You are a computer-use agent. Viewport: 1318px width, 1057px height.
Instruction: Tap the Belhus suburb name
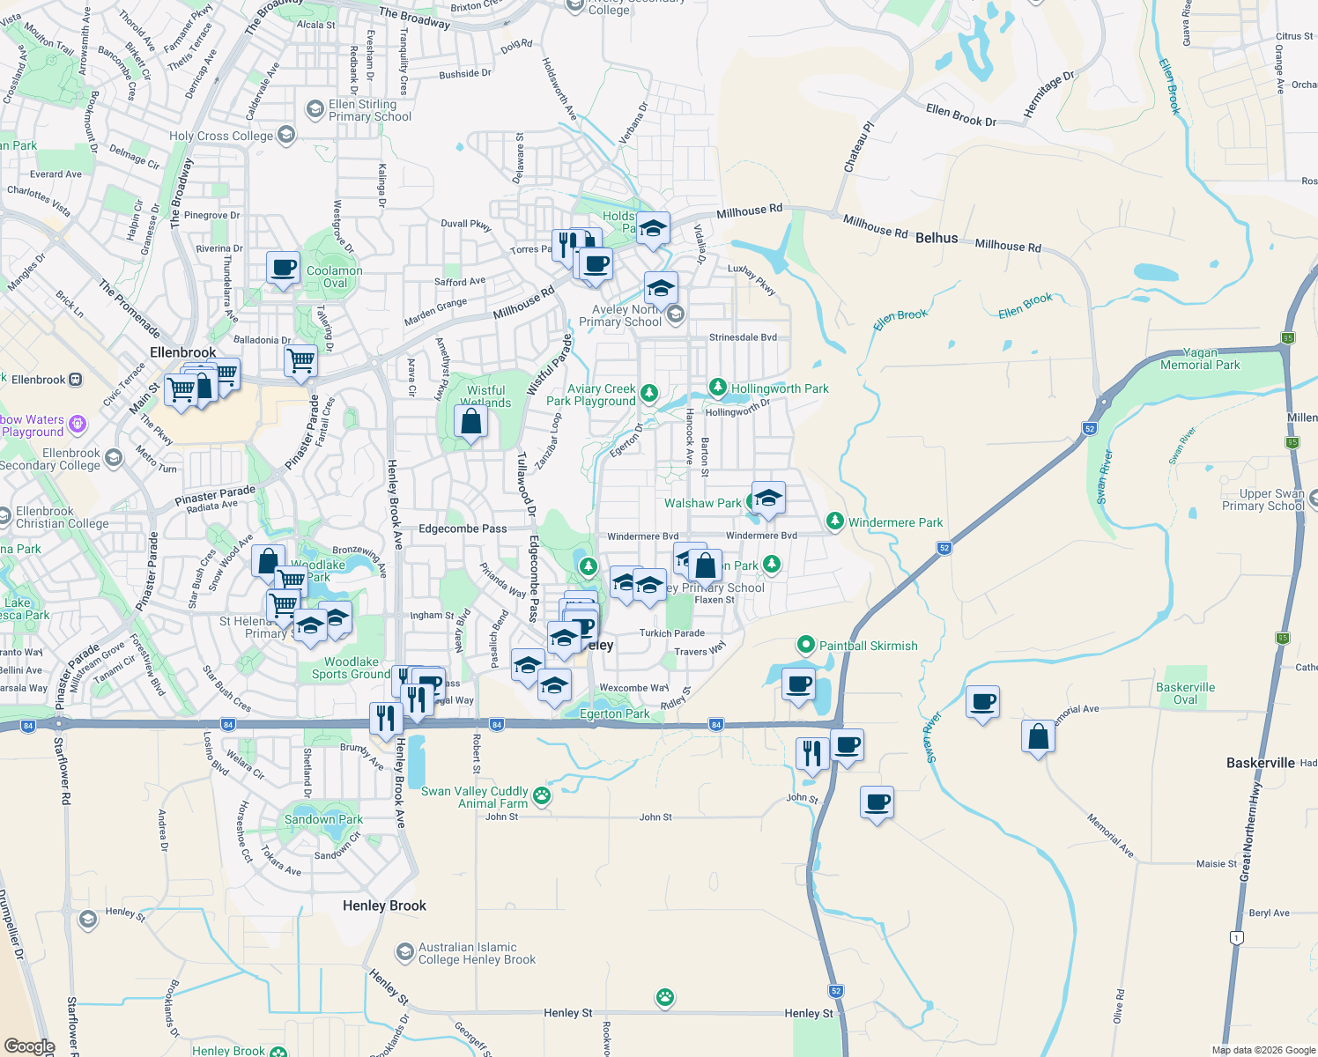[x=936, y=238]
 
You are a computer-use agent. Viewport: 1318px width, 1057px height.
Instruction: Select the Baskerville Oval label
[x=1185, y=693]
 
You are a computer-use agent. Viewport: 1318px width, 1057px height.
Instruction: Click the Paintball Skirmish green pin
[x=805, y=645]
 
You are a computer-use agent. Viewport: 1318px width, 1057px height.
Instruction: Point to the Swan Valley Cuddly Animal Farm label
[x=475, y=797]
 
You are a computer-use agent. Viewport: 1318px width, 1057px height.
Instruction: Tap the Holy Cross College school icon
[x=285, y=135]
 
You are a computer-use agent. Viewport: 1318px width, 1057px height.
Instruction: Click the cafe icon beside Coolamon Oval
[x=284, y=268]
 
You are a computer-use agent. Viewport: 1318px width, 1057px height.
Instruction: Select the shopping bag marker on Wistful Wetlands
[x=471, y=422]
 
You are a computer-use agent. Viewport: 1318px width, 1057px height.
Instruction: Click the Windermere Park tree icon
[x=834, y=521]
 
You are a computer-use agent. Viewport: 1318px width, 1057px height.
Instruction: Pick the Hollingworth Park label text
[x=780, y=388]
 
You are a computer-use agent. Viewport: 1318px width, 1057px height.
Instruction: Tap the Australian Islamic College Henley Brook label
[x=477, y=953]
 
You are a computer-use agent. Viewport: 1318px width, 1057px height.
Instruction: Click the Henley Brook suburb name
[x=384, y=905]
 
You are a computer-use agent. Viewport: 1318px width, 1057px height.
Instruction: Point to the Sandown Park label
[x=323, y=819]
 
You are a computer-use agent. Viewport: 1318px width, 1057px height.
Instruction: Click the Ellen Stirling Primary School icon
[x=315, y=109]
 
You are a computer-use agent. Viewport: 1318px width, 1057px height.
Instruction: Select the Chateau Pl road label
[x=858, y=147]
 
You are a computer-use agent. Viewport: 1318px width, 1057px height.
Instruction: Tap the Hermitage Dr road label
[x=1049, y=94]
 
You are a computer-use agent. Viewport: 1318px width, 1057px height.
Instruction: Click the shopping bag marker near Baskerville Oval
[x=1038, y=736]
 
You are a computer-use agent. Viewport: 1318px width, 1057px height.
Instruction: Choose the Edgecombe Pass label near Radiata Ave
[x=463, y=528]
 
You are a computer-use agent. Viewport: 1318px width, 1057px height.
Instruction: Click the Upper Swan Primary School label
[x=1263, y=499]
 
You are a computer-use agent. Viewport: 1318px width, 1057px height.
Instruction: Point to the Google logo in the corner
[x=29, y=1046]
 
